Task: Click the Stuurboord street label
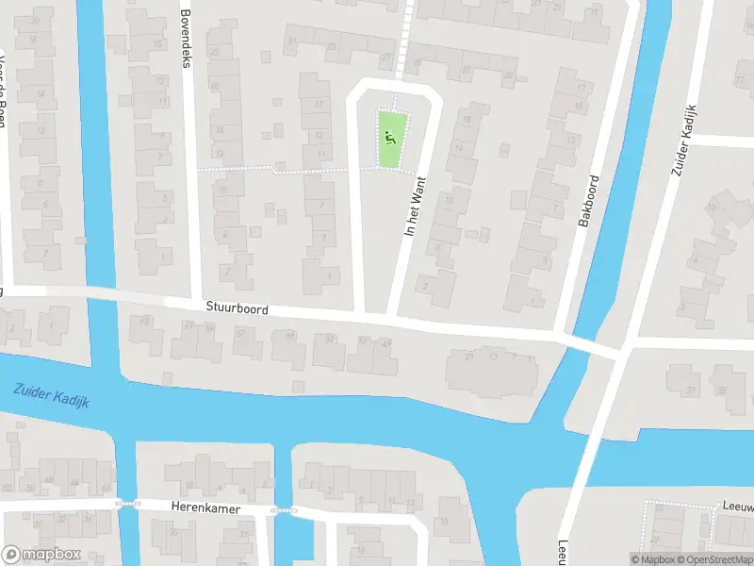point(238,309)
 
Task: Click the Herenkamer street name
point(205,508)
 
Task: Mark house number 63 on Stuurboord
point(145,322)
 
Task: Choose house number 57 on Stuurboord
point(240,333)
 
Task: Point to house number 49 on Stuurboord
point(387,343)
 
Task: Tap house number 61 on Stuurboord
point(189,325)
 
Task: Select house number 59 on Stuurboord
point(209,328)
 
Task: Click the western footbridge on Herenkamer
point(126,503)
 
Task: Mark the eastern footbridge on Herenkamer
point(282,511)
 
